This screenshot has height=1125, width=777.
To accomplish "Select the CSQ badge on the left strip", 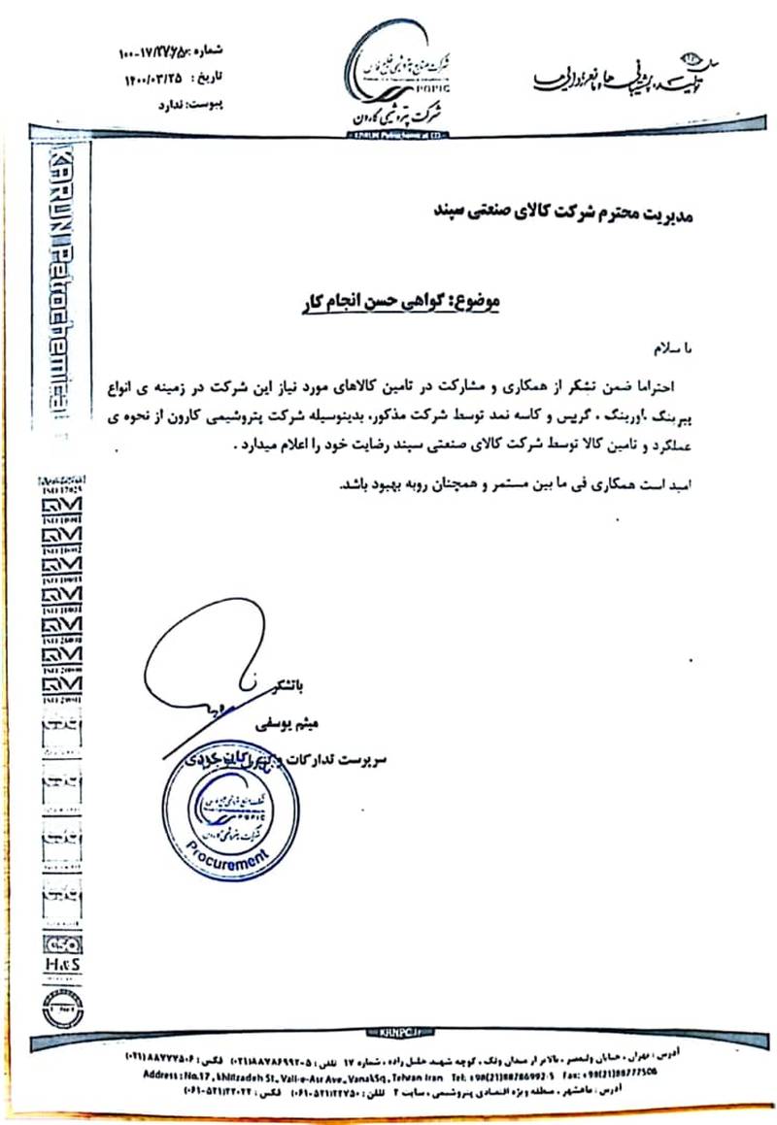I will [x=62, y=944].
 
